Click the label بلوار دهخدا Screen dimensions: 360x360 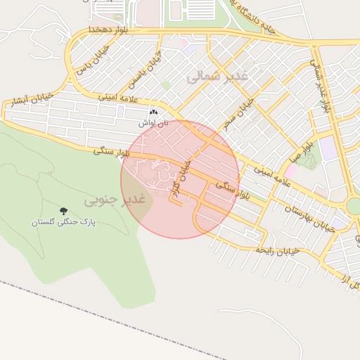coord(108,30)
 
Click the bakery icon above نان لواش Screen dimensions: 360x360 coord(153,112)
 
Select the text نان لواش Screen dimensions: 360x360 coord(153,122)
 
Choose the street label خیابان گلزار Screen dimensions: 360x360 coord(181,179)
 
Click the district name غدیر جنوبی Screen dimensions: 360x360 coord(114,200)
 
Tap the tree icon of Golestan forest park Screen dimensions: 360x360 coord(63,211)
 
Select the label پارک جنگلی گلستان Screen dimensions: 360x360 coord(63,222)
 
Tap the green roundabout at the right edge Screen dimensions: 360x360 coord(354,206)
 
